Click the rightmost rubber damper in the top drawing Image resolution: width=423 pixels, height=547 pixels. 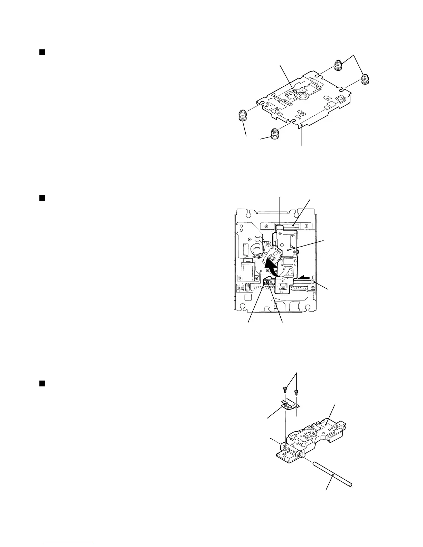click(365, 79)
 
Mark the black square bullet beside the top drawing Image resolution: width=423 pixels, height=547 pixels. click(41, 52)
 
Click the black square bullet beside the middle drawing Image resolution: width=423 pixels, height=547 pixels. click(41, 198)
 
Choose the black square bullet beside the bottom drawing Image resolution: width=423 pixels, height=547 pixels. click(41, 384)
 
